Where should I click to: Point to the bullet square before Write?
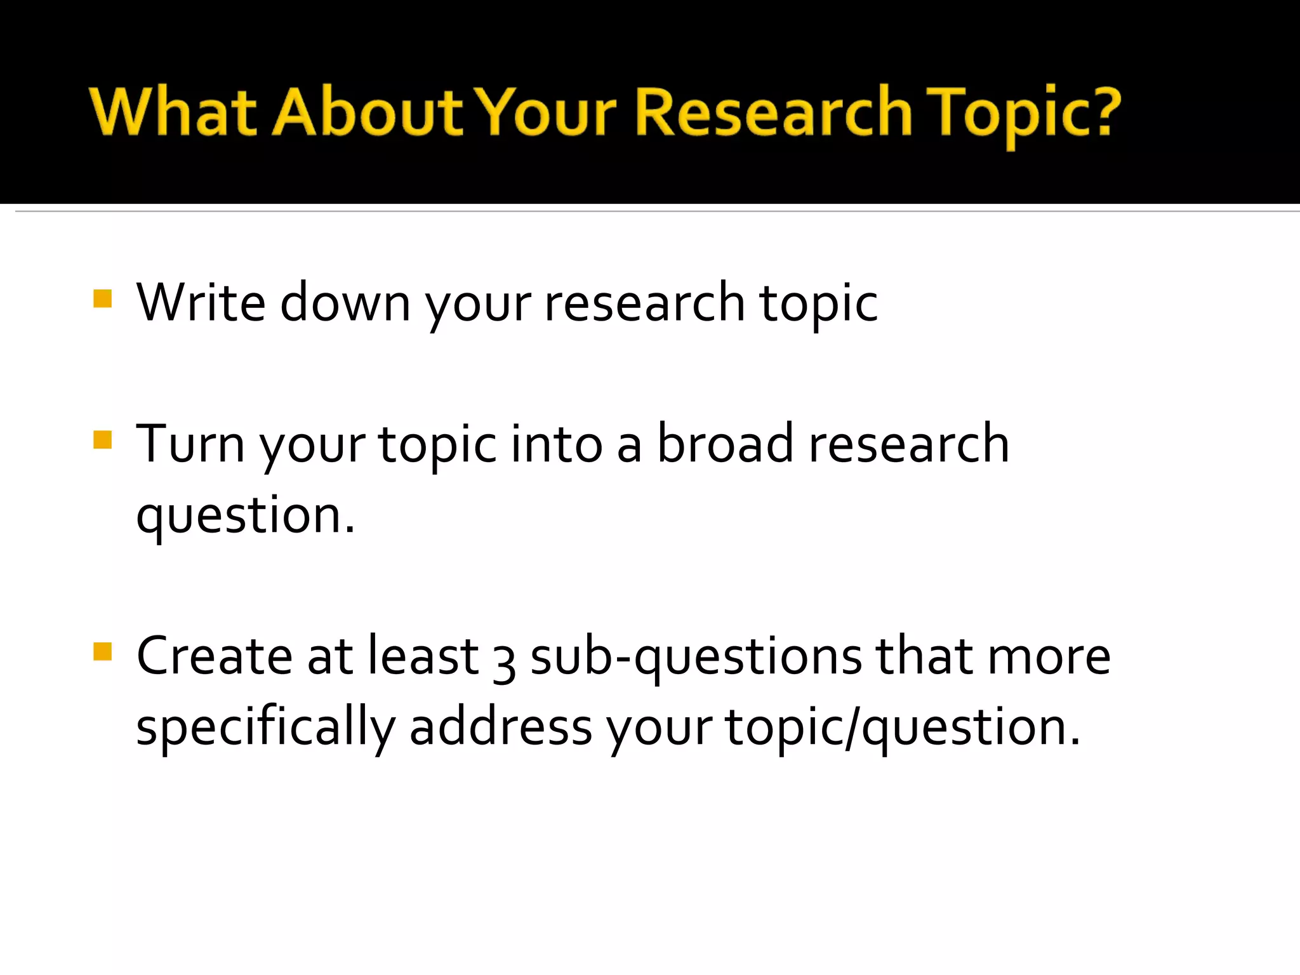[102, 298]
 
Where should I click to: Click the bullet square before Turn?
[102, 440]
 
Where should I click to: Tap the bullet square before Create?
[102, 652]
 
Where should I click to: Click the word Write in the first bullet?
[201, 303]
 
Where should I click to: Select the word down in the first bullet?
[345, 303]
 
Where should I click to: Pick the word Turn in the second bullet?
[190, 444]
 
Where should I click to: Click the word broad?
[725, 444]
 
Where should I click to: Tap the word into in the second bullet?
[556, 444]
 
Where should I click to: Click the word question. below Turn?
[246, 515]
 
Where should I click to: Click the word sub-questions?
[696, 657]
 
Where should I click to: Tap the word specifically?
[265, 728]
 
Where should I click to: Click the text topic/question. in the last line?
[903, 728]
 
